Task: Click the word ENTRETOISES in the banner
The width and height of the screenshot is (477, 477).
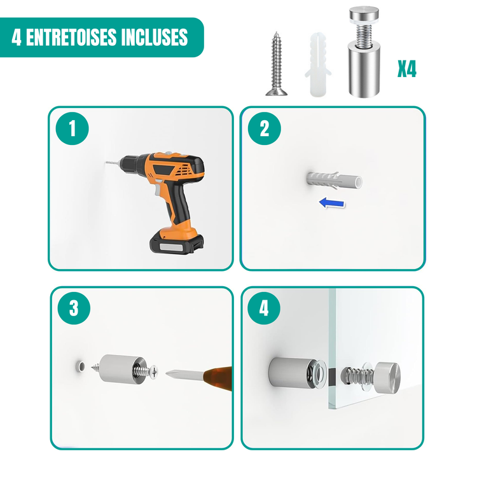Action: (71, 37)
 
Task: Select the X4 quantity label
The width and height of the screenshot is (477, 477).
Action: (407, 69)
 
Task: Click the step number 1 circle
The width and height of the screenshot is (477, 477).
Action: (72, 128)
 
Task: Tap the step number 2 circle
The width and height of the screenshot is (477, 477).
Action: (265, 128)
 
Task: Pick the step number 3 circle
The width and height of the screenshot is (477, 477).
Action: (74, 308)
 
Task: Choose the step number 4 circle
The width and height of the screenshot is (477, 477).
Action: (264, 308)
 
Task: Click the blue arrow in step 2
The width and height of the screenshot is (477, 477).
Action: (332, 203)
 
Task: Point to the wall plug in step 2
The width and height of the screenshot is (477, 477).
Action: (335, 181)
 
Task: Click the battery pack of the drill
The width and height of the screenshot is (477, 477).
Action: (176, 241)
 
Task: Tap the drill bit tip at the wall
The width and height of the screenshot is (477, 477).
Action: (106, 163)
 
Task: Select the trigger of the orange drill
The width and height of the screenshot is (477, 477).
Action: (158, 190)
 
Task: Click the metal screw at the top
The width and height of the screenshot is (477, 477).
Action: (276, 64)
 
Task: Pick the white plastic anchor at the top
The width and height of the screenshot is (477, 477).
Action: (317, 64)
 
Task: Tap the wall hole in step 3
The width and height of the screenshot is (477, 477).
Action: (81, 366)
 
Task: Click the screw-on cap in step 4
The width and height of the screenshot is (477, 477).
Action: (387, 378)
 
